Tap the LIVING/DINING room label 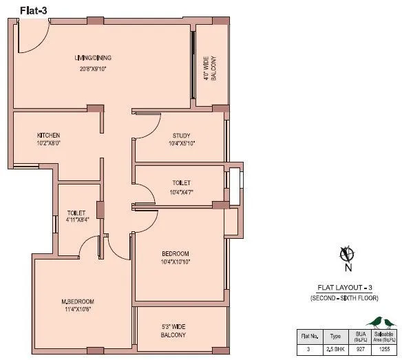pyautogui.click(x=94, y=58)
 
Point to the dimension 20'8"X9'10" pyautogui.click(x=94, y=69)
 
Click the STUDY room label pyautogui.click(x=182, y=136)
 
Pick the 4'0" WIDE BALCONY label pyautogui.click(x=209, y=67)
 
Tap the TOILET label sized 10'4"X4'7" pyautogui.click(x=181, y=182)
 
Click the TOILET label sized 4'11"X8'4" pyautogui.click(x=76, y=213)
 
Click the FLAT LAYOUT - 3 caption pyautogui.click(x=344, y=288)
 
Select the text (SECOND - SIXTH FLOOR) pyautogui.click(x=344, y=297)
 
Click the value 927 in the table pyautogui.click(x=359, y=350)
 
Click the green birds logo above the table pyautogui.click(x=383, y=321)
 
